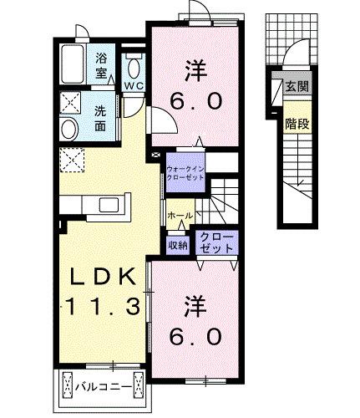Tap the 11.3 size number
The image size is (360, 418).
click(97, 307)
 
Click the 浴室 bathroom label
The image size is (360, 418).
click(101, 66)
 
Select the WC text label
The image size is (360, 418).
click(134, 85)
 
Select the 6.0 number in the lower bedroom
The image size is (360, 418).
click(198, 337)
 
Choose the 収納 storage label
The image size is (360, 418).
click(177, 245)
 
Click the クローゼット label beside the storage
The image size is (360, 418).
click(215, 243)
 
